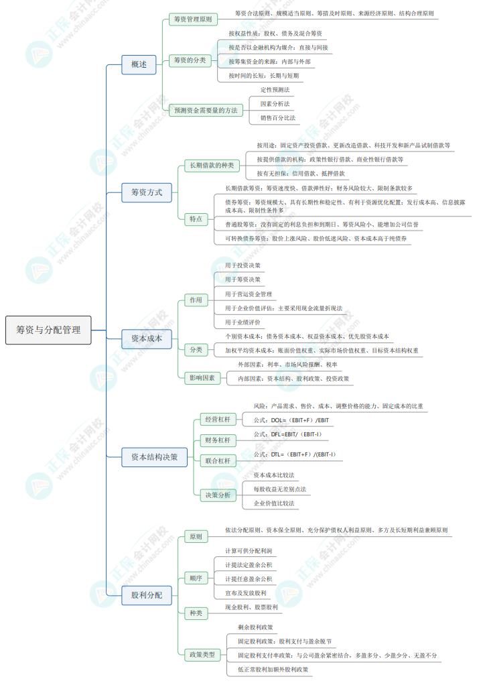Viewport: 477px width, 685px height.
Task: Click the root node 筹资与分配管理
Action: point(48,330)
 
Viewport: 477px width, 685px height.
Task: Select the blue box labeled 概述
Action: point(139,65)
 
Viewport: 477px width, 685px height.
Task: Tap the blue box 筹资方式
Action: point(147,193)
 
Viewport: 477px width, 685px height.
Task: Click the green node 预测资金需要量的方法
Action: point(206,111)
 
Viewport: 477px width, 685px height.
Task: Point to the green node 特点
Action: point(196,219)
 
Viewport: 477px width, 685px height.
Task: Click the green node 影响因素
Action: point(203,378)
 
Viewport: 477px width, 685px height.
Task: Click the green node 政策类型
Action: point(202,653)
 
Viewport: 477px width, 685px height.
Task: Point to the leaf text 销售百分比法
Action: point(277,118)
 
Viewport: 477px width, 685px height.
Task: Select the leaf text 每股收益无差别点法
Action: point(279,489)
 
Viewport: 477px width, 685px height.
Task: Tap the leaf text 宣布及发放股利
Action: point(246,593)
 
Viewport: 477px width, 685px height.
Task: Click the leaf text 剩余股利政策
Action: point(255,627)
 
